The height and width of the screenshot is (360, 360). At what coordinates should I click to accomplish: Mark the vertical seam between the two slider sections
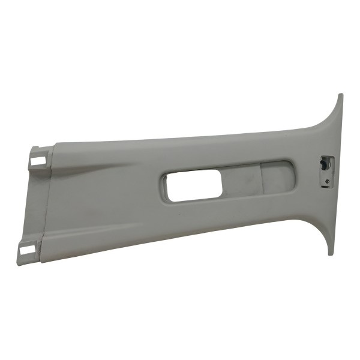tap(262, 178)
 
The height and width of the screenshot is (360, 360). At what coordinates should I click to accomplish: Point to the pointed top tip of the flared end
tap(340, 95)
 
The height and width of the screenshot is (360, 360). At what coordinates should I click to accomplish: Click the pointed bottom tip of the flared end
tap(330, 254)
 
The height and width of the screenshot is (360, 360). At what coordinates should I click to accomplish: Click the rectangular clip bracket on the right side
tap(325, 170)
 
